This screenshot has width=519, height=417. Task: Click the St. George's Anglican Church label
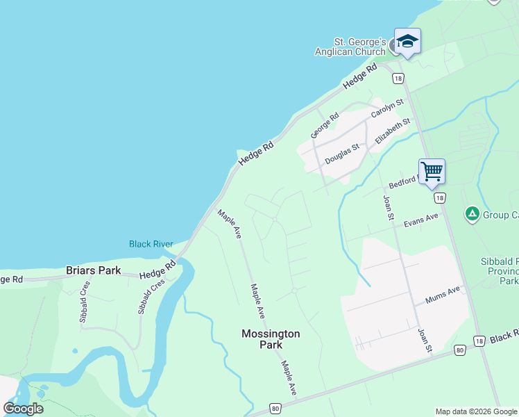(x=350, y=47)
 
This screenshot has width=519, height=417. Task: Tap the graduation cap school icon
(x=407, y=41)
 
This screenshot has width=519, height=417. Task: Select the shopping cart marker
(x=432, y=170)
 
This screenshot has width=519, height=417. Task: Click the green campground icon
(x=473, y=214)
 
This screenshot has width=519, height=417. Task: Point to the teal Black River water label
(x=150, y=244)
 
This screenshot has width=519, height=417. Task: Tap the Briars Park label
(x=93, y=270)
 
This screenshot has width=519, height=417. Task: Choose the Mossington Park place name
(x=271, y=339)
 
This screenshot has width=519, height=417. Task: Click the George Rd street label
(x=324, y=125)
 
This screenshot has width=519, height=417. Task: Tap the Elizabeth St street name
(x=393, y=131)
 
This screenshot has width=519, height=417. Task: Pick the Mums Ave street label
(x=443, y=295)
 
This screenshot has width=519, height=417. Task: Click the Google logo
(x=23, y=408)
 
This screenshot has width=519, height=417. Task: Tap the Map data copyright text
(x=475, y=411)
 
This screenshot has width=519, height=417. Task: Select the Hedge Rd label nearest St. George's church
(x=359, y=76)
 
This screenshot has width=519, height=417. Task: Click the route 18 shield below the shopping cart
(x=440, y=198)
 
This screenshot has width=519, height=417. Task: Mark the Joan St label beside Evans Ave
(x=389, y=208)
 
